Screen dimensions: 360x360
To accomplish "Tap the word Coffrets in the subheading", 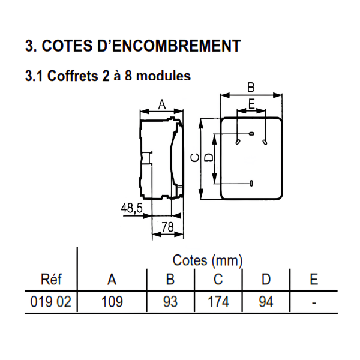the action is pyautogui.click(x=73, y=76).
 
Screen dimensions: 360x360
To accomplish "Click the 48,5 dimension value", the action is pyautogui.click(x=131, y=208).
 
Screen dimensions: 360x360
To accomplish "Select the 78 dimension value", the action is pyautogui.click(x=167, y=227).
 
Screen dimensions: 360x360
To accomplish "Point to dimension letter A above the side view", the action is pyautogui.click(x=162, y=105).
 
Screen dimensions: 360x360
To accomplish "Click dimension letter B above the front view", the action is pyautogui.click(x=251, y=88).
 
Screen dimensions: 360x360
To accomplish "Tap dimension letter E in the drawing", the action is pyautogui.click(x=252, y=104).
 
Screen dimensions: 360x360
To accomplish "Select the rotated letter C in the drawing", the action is pyautogui.click(x=195, y=158).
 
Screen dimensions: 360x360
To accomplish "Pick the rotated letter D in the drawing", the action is pyautogui.click(x=209, y=158).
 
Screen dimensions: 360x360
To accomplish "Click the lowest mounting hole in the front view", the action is pyautogui.click(x=251, y=183).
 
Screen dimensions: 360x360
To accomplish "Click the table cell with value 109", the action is pyautogui.click(x=112, y=302).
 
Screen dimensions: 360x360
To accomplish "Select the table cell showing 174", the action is pyautogui.click(x=218, y=302).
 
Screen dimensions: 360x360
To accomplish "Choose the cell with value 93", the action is pyautogui.click(x=170, y=302).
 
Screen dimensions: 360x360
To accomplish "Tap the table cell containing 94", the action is pyautogui.click(x=266, y=302).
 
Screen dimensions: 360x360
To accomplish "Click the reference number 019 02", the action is pyautogui.click(x=51, y=302).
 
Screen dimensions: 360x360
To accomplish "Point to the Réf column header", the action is pyautogui.click(x=51, y=279).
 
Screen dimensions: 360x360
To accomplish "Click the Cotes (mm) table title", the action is pyautogui.click(x=208, y=260).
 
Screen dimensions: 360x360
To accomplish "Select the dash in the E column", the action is pyautogui.click(x=314, y=302).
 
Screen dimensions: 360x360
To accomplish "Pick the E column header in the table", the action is pyautogui.click(x=314, y=280).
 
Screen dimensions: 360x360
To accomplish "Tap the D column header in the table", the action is pyautogui.click(x=266, y=280).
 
